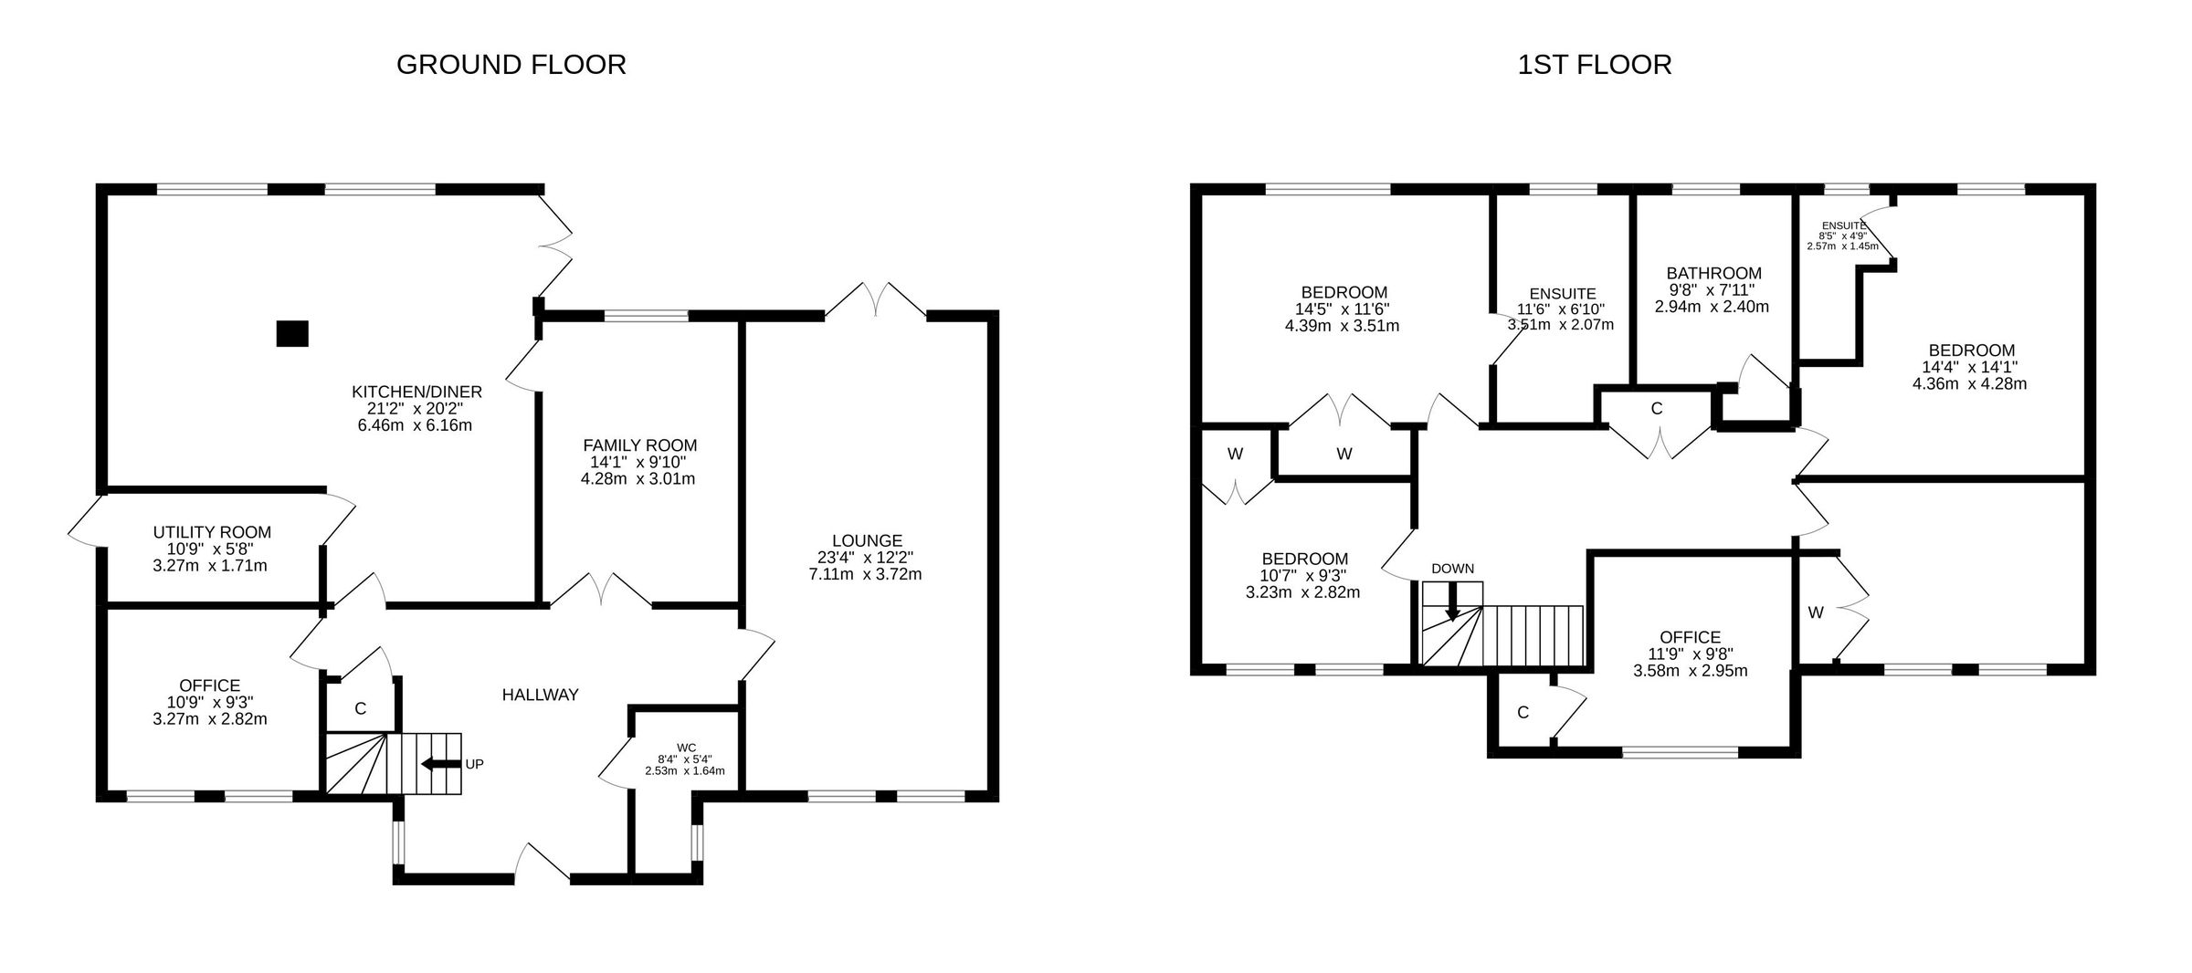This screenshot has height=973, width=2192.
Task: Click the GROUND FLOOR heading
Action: coord(511,65)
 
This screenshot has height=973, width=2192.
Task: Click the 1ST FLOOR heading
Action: coord(1595,65)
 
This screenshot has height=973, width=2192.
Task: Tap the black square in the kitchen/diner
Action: coord(292,334)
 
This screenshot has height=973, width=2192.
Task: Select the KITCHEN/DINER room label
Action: coord(416,392)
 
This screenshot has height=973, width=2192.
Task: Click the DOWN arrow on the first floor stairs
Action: coord(1451,602)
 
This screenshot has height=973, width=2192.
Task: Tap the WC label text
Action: coord(686,748)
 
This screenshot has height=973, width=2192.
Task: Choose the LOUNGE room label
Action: coord(867,540)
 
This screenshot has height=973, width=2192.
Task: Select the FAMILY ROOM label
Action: coord(639,445)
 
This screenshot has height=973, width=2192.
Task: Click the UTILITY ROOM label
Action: coord(212,532)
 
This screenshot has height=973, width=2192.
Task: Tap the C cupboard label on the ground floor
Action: coord(360,708)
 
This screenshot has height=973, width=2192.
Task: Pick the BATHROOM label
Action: coord(1713,273)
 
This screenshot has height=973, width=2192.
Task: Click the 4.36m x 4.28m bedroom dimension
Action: coord(1969,383)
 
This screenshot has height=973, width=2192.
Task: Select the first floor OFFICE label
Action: coord(1690,637)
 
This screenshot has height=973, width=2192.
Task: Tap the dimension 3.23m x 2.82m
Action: coord(1302,591)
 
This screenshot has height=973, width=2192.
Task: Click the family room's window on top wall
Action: coord(646,316)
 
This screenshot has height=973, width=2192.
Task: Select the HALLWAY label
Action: coord(540,695)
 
